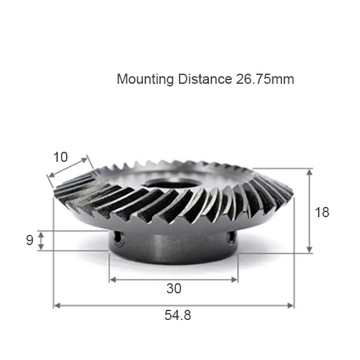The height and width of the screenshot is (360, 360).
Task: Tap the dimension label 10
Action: coord(60,157)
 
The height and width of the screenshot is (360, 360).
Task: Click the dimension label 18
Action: coord(323,212)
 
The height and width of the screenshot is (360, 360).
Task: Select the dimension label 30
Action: coord(173,289)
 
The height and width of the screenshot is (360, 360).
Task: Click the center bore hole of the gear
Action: coord(171,185)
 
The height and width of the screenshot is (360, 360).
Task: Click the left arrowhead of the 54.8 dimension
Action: coord(57,305)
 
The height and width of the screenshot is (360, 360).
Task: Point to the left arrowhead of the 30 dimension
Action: coord(112,279)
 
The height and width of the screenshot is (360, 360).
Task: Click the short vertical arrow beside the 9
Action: coord(41,240)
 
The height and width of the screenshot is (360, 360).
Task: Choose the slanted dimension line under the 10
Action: coord(70,170)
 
